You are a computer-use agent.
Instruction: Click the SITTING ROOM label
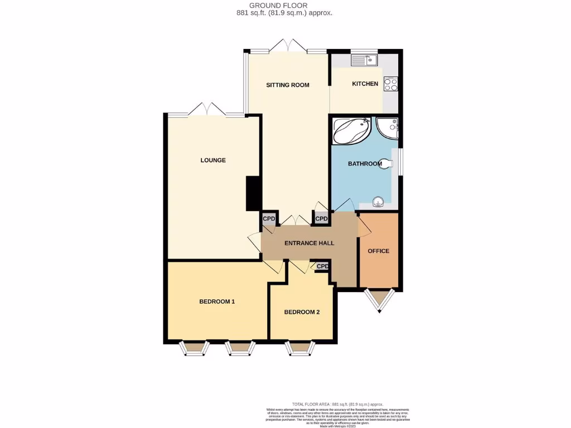coord(287,85)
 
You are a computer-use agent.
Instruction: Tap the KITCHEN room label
coord(365,84)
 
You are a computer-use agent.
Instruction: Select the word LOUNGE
coord(213,160)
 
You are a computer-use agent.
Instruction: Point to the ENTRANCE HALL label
coord(309,243)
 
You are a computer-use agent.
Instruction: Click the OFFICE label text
coord(378,251)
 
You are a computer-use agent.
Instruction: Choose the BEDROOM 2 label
coord(302,312)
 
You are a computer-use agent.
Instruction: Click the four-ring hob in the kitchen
coord(390,84)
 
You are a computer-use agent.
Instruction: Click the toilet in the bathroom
coord(388,163)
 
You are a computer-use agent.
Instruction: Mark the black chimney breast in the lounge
coord(254,193)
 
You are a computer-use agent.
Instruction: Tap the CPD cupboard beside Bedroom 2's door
coord(322,266)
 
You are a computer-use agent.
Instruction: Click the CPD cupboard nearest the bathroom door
coord(322,219)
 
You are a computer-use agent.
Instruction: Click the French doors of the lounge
coord(207,109)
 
